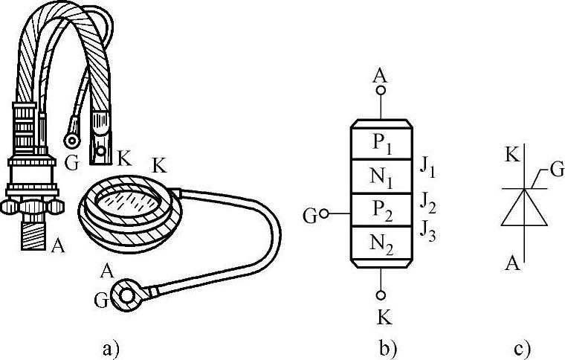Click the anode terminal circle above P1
381,90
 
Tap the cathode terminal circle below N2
381,295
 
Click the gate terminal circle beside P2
323,216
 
